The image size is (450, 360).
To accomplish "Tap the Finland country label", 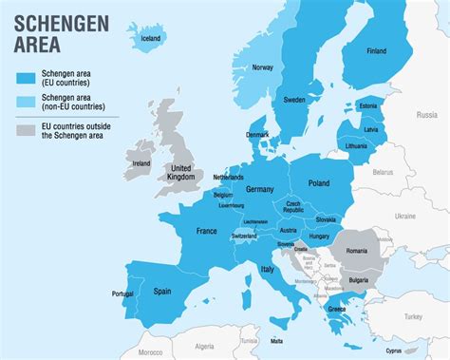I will point(376,50).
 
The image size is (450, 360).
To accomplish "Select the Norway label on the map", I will point(263,67).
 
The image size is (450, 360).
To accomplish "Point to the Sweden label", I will point(294,99).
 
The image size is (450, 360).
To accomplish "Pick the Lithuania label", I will point(357,147).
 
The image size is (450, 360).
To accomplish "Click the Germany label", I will point(259,189).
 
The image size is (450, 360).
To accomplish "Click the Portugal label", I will point(123,294).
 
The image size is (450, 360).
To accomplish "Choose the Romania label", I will point(356,250).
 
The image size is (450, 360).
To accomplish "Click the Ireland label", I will point(141,163).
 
